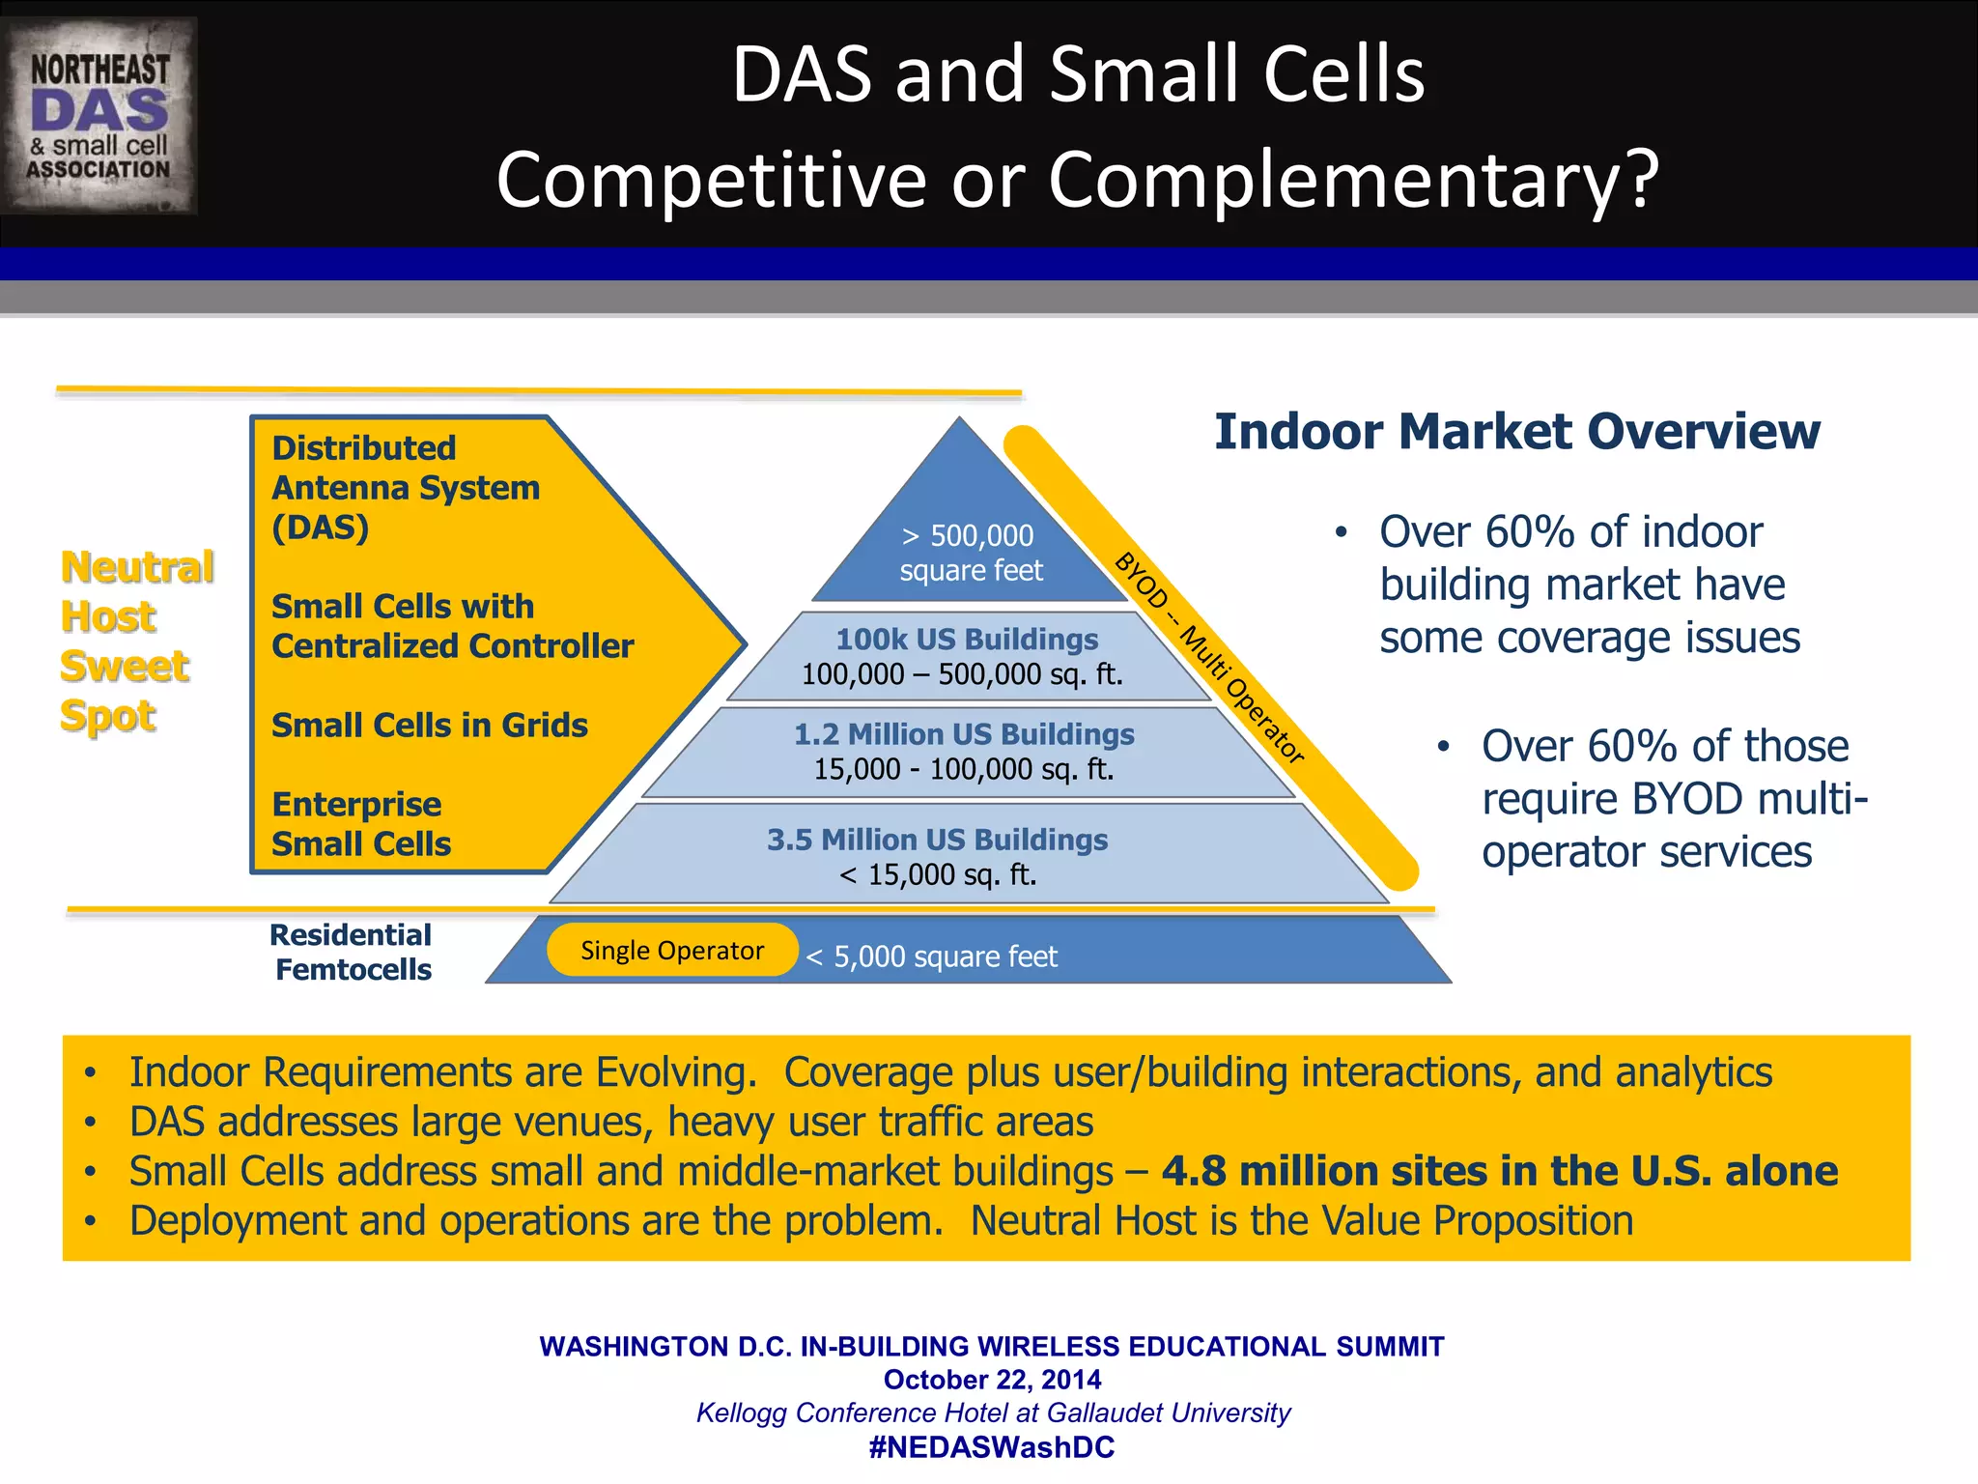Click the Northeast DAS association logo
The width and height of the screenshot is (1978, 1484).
99,116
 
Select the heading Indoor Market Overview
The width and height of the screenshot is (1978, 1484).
1516,432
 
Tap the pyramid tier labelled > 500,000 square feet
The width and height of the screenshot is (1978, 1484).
971,553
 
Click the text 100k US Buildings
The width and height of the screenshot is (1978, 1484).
967,640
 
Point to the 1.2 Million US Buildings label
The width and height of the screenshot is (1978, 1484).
964,734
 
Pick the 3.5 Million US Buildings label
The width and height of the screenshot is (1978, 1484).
937,840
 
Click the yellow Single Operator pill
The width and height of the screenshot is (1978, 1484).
672,951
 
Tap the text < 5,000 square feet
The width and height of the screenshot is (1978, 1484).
932,956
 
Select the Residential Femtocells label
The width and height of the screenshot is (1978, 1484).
353,953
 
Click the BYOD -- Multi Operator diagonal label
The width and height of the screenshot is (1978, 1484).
1209,657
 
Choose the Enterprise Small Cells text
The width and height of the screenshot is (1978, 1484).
360,824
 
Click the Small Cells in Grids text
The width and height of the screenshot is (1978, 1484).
430,725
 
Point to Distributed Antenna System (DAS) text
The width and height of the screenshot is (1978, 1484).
406,488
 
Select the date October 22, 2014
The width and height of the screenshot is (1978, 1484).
992,1380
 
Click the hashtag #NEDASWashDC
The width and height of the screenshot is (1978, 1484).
992,1447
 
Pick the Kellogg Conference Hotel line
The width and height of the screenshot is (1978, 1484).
992,1413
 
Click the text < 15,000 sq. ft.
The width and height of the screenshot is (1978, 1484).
938,875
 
